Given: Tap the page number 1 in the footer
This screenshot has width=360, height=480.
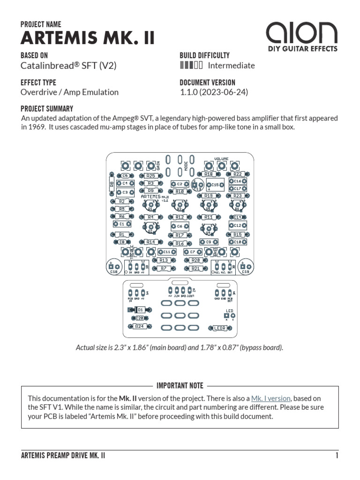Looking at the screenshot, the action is pyautogui.click(x=336, y=456).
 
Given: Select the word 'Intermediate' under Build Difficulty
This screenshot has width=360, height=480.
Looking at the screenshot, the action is pyautogui.click(x=231, y=66).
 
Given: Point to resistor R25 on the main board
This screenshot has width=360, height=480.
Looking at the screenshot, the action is pyautogui.click(x=150, y=176).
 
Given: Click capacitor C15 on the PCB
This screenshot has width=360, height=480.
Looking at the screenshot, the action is pyautogui.click(x=215, y=185).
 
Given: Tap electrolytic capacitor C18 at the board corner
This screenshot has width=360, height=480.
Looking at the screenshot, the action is pyautogui.click(x=113, y=267).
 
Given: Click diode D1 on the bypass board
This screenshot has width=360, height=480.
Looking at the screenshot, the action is pyautogui.click(x=139, y=310).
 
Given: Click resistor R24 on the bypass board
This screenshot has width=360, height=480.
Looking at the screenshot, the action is pyautogui.click(x=139, y=326).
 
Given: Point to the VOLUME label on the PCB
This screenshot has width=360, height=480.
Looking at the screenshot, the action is pyautogui.click(x=221, y=159).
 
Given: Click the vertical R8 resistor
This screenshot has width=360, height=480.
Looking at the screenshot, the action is pyautogui.click(x=112, y=185).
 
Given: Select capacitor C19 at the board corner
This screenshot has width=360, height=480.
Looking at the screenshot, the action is pyautogui.click(x=245, y=267).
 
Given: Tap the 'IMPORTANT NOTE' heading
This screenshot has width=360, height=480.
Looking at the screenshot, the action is pyautogui.click(x=180, y=386).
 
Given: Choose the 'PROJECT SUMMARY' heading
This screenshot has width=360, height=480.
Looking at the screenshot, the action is pyautogui.click(x=47, y=108).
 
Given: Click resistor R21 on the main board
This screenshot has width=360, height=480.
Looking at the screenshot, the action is pyautogui.click(x=196, y=268).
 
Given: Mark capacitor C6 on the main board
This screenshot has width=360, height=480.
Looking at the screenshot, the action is pyautogui.click(x=180, y=226).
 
